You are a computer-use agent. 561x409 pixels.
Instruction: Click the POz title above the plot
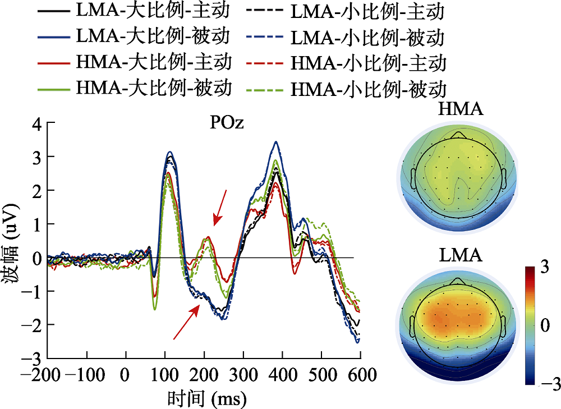pos(227,123)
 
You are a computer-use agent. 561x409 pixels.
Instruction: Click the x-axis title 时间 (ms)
pos(206,398)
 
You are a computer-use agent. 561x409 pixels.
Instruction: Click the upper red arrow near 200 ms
pos(219,206)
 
